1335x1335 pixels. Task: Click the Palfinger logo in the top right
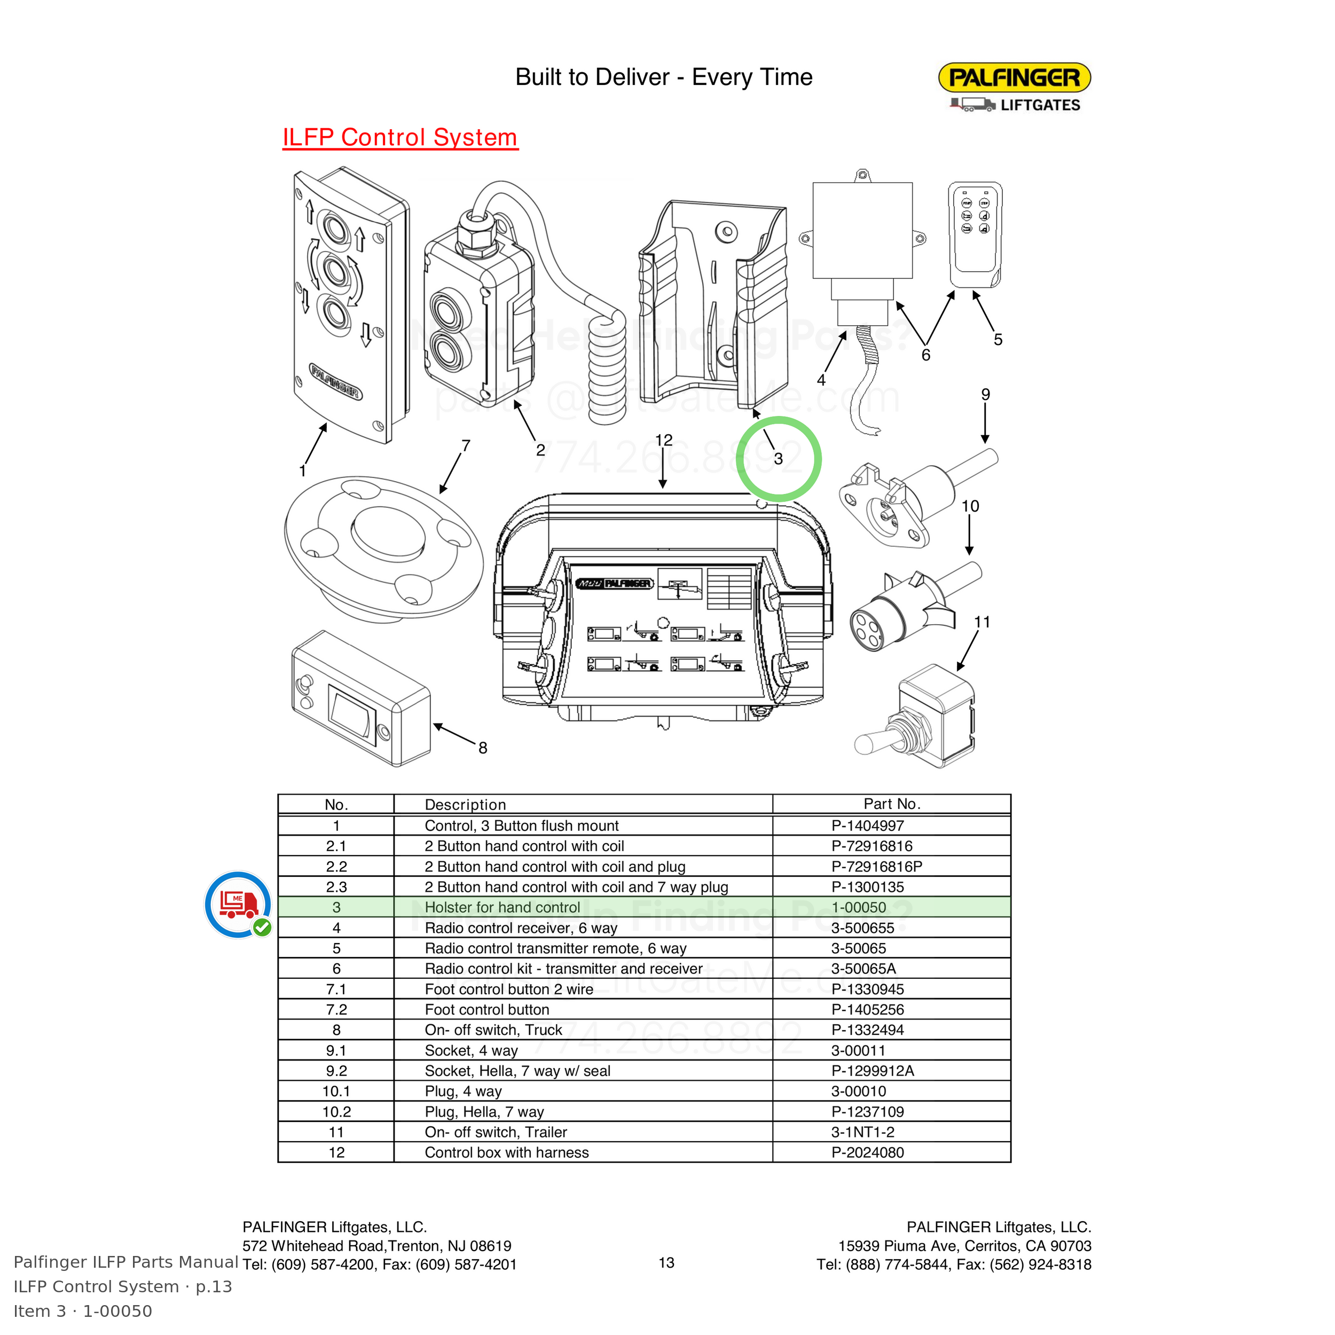point(1014,87)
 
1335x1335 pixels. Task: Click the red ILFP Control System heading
point(400,138)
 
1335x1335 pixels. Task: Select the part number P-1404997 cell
point(867,826)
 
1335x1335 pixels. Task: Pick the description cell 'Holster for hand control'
point(502,907)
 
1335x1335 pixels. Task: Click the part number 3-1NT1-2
point(862,1132)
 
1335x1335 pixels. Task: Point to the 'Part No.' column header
point(892,804)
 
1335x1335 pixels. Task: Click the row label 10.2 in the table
point(336,1112)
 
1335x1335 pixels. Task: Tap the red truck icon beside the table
point(238,905)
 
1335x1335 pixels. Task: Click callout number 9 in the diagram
point(985,395)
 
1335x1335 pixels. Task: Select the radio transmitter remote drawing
point(975,235)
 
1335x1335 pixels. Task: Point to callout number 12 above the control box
point(663,440)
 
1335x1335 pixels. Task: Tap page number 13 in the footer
point(666,1262)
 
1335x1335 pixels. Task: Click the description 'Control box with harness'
point(506,1152)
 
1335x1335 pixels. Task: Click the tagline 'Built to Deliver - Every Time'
point(663,77)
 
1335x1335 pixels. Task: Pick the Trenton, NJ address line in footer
point(376,1246)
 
